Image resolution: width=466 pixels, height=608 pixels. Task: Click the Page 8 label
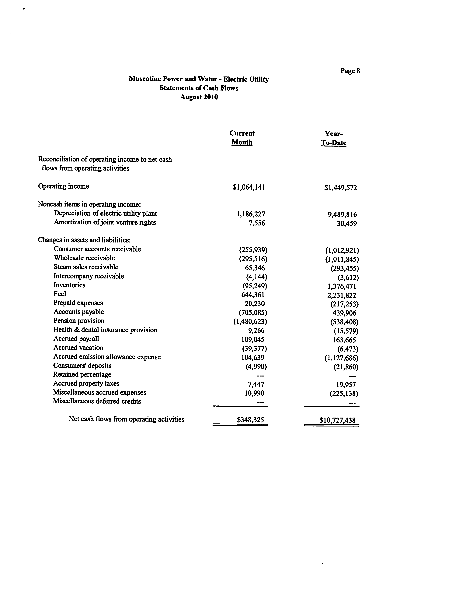pos(350,71)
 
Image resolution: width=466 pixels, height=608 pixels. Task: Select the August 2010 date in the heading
pos(199,97)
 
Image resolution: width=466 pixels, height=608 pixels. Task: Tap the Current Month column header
pos(242,138)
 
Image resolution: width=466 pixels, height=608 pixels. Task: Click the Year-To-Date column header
pos(334,138)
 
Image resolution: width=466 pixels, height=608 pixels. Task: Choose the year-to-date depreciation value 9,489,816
pos(342,214)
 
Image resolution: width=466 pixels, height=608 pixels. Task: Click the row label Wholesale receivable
pos(84,258)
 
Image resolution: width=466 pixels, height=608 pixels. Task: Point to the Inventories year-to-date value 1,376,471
pos(342,286)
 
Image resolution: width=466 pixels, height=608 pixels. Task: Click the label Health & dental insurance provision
pos(105,330)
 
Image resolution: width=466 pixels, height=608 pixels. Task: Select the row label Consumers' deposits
pos(82,366)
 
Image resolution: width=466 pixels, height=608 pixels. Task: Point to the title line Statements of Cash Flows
pos(199,88)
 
